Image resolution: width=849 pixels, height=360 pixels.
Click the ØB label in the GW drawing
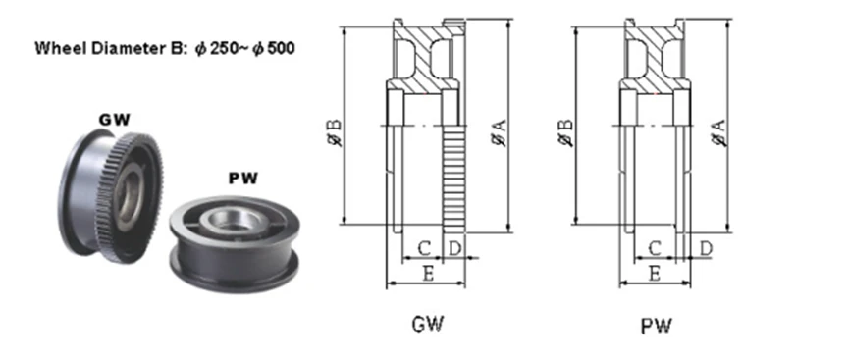pos(335,132)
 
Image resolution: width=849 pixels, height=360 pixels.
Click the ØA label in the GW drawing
pos(499,132)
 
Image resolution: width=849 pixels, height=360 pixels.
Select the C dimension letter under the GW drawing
pos(424,248)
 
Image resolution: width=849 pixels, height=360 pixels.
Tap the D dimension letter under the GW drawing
pos(455,248)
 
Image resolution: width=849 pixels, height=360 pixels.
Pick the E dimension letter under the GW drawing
pos(428,274)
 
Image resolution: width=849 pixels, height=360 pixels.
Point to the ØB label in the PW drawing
pos(565,132)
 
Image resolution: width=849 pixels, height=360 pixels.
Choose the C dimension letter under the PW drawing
pos(655,248)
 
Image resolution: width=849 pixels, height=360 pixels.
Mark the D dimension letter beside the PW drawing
pos(706,248)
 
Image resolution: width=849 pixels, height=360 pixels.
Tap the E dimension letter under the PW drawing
pos(655,274)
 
